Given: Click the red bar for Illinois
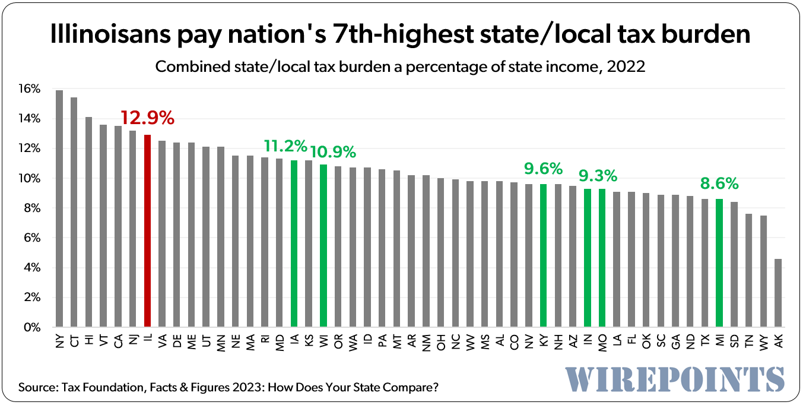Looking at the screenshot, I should pos(147,231).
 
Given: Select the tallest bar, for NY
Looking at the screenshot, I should pos(59,208).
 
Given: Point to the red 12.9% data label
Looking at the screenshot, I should pos(147,118).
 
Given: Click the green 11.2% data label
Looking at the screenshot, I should pos(286,145).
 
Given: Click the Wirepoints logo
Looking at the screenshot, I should pos(674,378).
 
